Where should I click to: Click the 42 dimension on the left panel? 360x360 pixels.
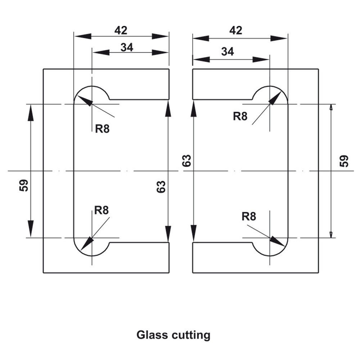point(121,31)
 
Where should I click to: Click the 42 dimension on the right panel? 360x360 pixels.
point(236,31)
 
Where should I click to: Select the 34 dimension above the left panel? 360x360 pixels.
point(127,47)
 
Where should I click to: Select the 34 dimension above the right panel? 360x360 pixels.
point(227,52)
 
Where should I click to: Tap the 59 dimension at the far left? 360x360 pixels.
point(24,186)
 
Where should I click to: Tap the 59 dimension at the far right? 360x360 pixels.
point(344,161)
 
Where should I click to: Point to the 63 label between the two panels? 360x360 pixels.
point(186,161)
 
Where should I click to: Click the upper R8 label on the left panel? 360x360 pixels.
point(102,129)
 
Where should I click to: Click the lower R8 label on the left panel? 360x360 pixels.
point(102,210)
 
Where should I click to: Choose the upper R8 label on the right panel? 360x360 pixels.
point(240,116)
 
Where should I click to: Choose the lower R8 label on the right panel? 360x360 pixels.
point(249,216)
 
